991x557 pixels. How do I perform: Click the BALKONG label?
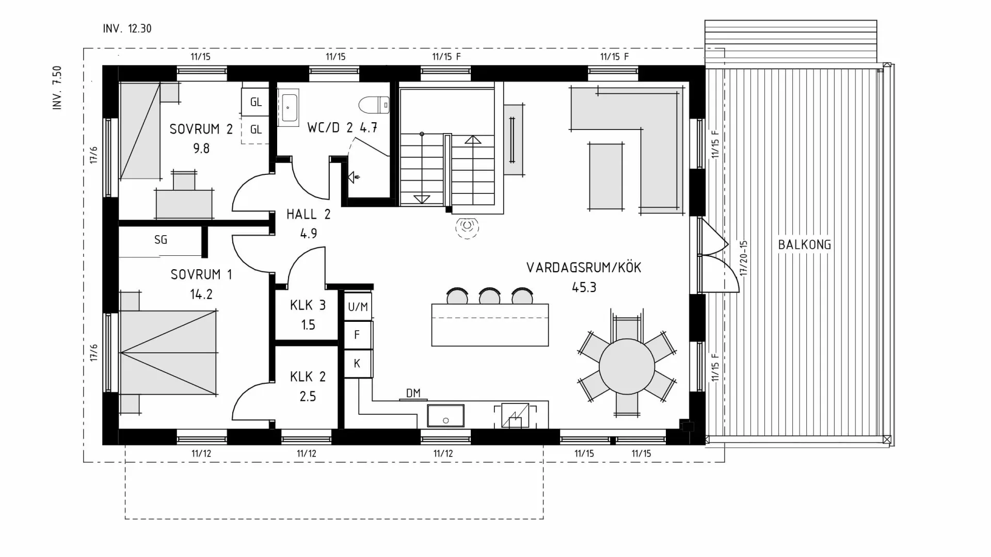(804, 244)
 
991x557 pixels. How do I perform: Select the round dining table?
(627, 367)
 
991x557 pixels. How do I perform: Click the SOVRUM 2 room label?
(201, 129)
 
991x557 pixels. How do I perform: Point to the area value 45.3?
(584, 287)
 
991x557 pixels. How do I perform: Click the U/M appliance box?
(358, 307)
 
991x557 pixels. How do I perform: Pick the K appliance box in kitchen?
(357, 364)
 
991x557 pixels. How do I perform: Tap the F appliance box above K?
(357, 335)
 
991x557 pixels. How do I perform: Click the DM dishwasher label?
(413, 393)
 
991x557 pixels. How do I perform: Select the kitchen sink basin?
(445, 416)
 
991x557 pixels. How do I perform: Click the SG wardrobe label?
(161, 240)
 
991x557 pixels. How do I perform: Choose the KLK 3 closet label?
(308, 305)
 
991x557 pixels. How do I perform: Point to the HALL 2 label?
(308, 214)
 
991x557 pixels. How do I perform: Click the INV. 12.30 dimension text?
(127, 29)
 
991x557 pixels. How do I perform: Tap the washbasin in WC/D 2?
(288, 107)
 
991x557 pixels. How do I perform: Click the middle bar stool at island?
(489, 297)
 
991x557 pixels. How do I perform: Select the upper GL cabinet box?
(255, 102)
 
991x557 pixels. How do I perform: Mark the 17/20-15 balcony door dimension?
(743, 258)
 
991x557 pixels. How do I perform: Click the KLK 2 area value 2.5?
(308, 396)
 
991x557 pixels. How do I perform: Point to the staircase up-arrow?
(473, 140)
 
